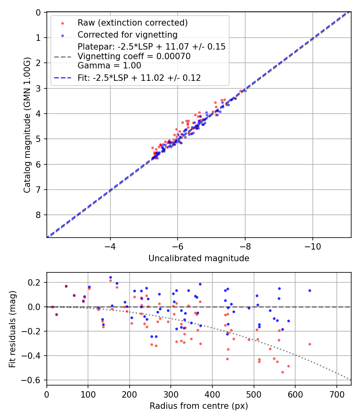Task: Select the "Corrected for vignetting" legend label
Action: click(128, 34)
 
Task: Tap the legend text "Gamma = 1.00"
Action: click(109, 66)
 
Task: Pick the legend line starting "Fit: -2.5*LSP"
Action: click(139, 78)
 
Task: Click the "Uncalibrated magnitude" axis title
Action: click(199, 258)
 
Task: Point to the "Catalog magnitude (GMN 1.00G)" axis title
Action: click(27, 125)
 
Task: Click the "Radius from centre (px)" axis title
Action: click(199, 406)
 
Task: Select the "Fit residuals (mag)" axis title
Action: click(12, 328)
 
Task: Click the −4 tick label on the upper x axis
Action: click(110, 246)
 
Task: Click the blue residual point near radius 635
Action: click(310, 290)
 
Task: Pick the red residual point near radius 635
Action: click(310, 344)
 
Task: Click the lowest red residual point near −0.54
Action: click(282, 372)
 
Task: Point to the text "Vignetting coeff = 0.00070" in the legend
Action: click(134, 56)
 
